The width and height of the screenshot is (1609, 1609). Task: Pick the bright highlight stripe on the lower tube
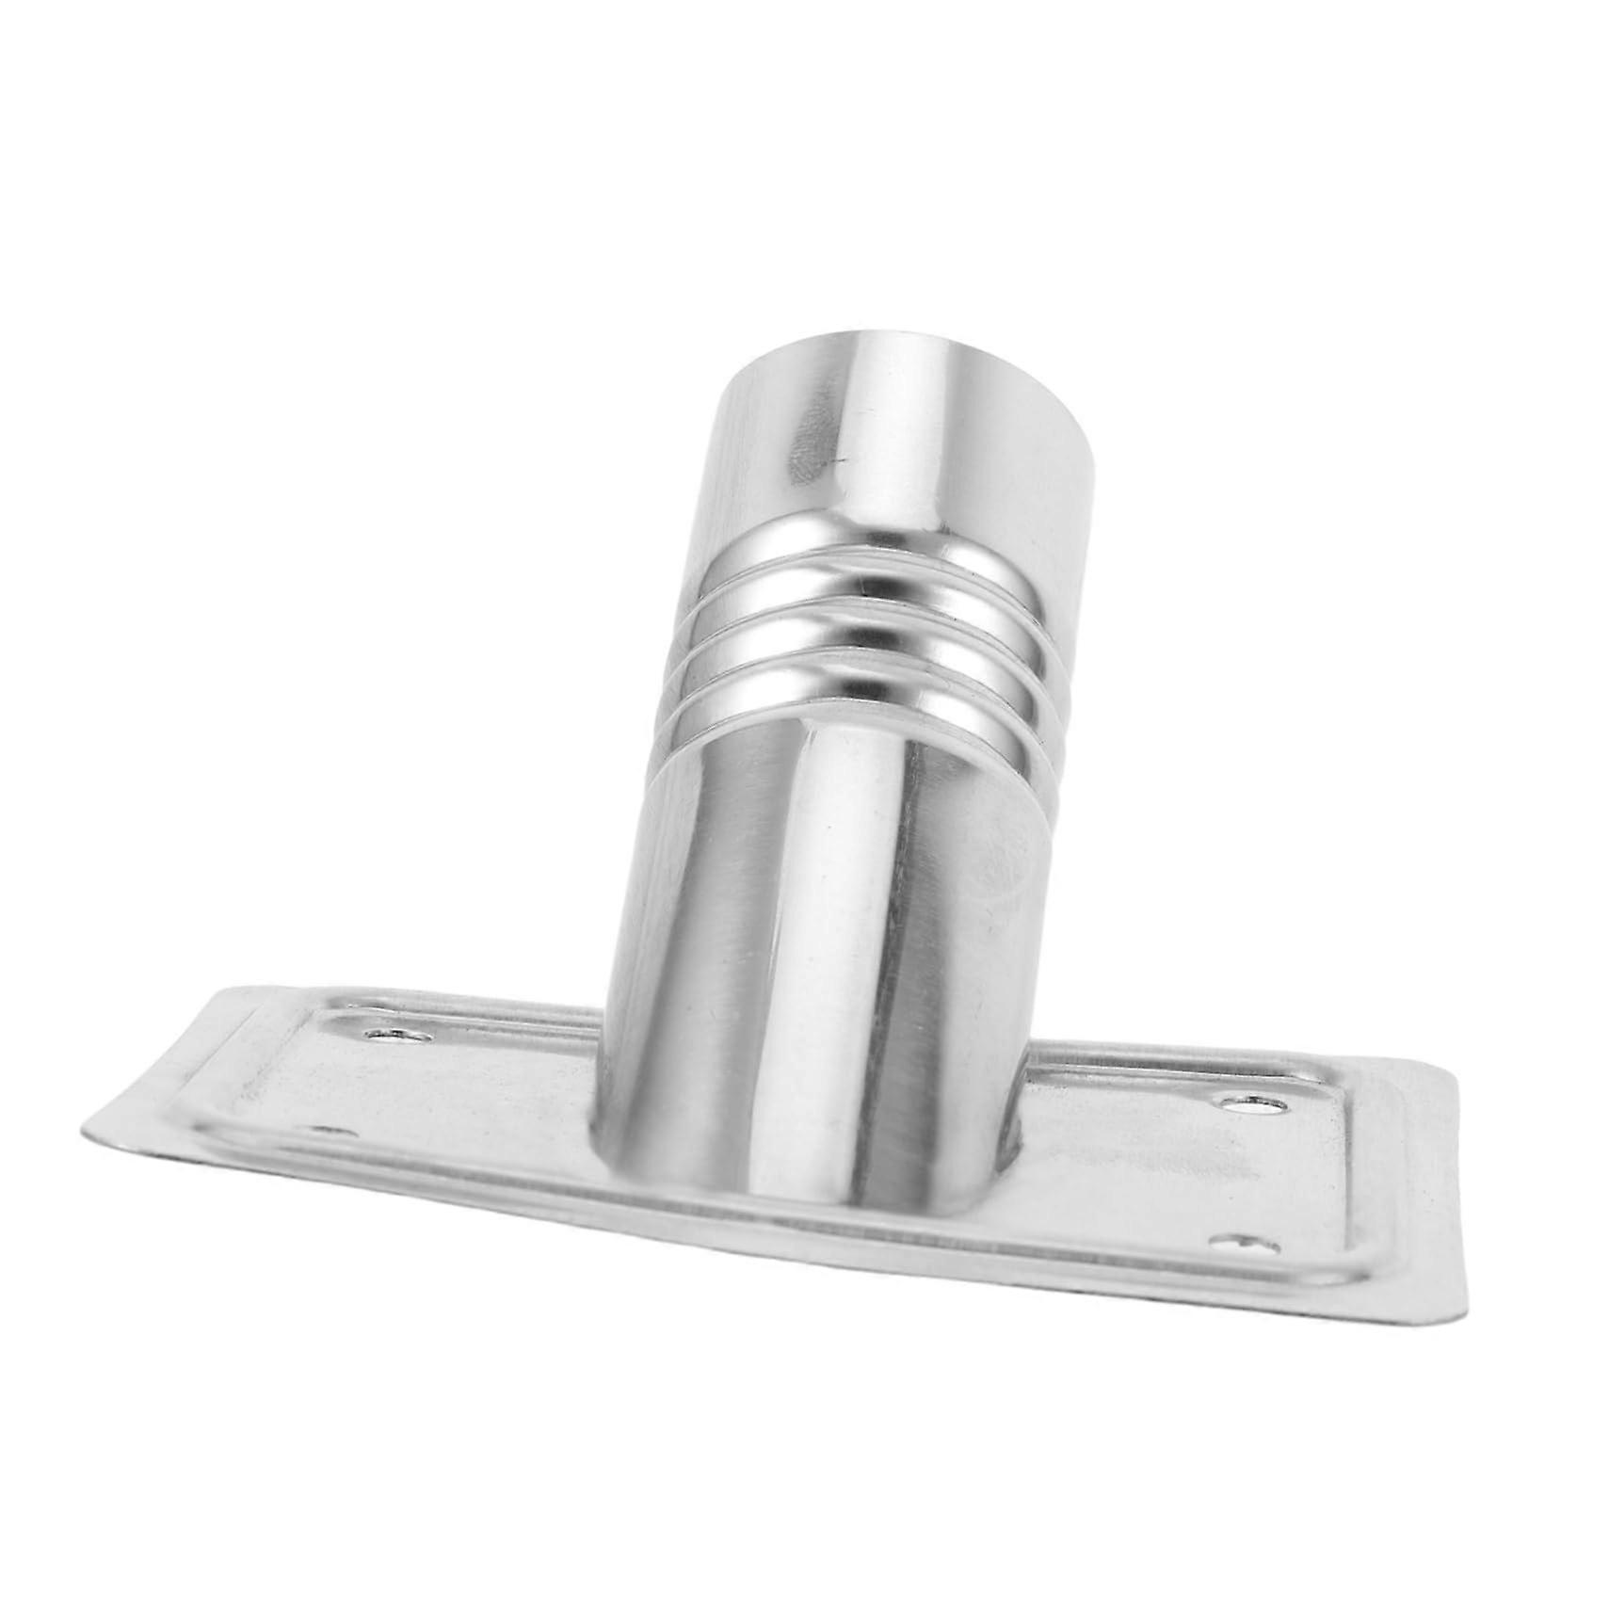pyautogui.click(x=829, y=941)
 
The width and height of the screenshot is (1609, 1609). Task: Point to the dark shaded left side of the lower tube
pyautogui.click(x=687, y=941)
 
